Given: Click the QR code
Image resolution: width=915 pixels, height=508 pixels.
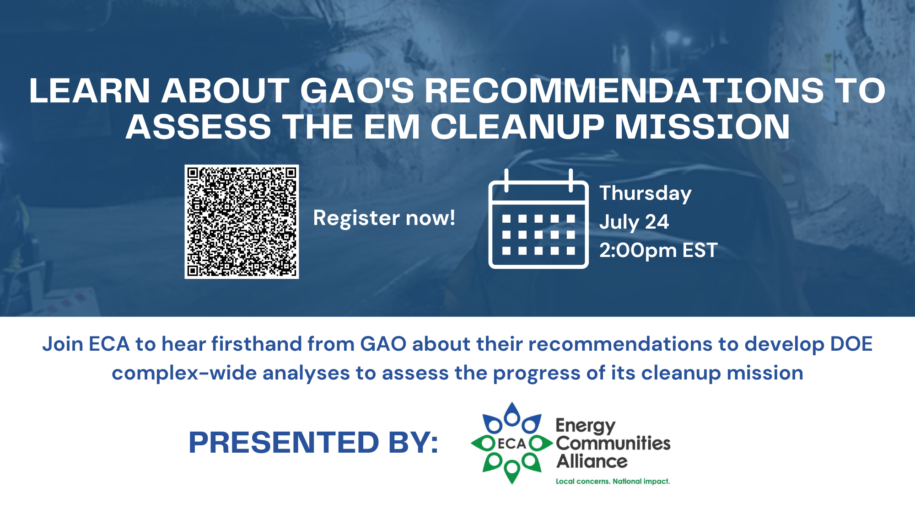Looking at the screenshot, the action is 242,222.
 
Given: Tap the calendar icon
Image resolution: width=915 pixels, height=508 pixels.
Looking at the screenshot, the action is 538,219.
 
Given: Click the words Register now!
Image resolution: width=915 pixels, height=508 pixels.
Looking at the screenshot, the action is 384,218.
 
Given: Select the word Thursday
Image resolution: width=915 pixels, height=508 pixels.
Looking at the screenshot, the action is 646,194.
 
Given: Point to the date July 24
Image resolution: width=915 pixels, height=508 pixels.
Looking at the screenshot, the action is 634,222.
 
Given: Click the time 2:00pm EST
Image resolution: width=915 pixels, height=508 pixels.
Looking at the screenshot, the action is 658,251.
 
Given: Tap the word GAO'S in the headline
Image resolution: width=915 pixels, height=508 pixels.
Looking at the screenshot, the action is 357,91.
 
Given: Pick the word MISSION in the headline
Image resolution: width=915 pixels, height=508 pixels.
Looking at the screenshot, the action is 702,127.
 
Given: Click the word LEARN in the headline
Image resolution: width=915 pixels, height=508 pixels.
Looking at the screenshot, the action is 90,91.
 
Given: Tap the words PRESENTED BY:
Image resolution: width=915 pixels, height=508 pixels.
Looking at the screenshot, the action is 314,443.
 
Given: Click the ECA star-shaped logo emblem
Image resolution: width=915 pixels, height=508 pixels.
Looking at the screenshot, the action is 512,443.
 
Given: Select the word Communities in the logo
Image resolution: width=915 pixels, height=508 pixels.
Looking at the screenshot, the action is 613,443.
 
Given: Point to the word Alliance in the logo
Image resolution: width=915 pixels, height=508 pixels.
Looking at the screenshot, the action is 592,461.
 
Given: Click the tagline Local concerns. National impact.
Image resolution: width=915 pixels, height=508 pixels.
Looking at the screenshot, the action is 613,481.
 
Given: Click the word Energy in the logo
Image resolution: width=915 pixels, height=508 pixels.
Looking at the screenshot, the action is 586,426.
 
